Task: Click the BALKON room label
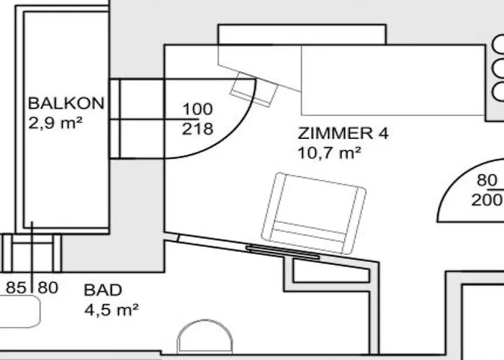point(66,104)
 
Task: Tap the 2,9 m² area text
point(55,123)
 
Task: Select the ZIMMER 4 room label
point(343,133)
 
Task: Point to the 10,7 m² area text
point(329,153)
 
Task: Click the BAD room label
point(103,290)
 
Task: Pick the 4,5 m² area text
point(112,310)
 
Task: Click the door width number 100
point(198,109)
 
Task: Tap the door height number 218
point(198,129)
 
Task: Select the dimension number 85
point(16,288)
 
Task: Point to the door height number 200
point(487,200)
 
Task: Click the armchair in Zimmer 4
point(314,213)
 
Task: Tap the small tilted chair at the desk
point(254,90)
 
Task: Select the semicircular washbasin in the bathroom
point(205,336)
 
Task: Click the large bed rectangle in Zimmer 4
point(393,80)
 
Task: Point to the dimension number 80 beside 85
point(48,288)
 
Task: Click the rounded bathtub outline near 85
point(20,311)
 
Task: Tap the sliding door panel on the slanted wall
point(283,252)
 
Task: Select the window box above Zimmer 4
point(302,35)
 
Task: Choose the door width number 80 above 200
point(487,180)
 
